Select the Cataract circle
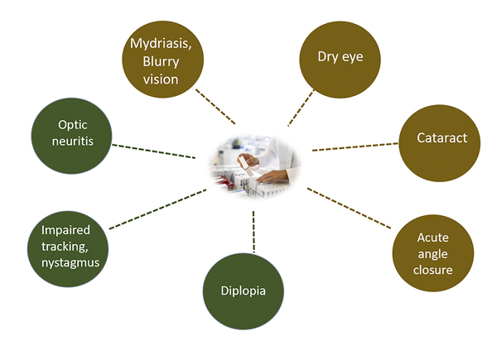coord(441,139)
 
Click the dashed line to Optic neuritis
coord(159,151)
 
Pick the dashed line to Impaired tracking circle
coord(157,207)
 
